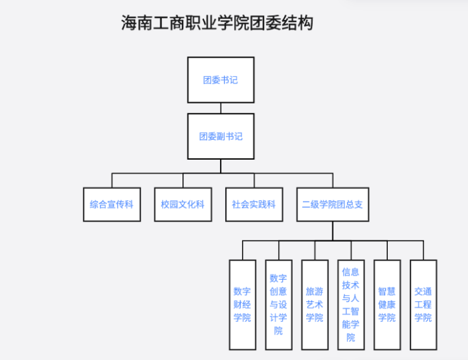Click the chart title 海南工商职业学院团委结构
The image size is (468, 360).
click(217, 23)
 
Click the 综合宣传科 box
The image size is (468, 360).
click(112, 204)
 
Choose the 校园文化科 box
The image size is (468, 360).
click(183, 204)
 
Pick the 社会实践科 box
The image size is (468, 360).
click(253, 204)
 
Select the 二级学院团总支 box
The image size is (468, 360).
click(332, 204)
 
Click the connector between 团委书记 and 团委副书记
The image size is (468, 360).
click(221, 108)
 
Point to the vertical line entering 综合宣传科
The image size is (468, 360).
click(112, 180)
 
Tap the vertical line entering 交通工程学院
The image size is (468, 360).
click(423, 250)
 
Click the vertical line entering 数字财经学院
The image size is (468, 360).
click(242, 250)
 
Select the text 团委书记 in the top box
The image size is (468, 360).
click(221, 80)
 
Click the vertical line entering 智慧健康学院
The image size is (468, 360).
click(386, 250)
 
